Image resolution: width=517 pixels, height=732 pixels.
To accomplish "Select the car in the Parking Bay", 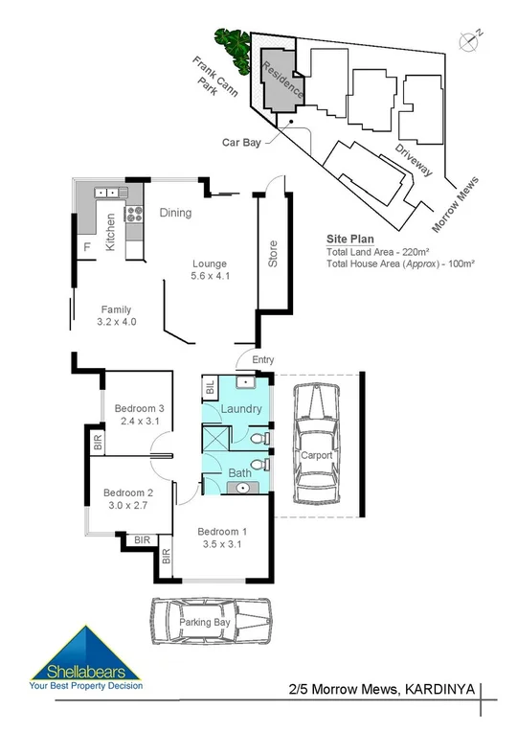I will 210,622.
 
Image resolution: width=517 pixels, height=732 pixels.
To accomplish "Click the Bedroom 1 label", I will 222,532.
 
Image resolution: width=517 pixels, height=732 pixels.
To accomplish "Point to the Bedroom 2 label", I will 127,493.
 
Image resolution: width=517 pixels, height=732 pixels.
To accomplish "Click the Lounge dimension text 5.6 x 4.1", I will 211,278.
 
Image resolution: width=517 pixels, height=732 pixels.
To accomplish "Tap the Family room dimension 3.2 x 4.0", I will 117,322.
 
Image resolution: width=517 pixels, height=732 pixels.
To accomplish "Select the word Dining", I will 175,213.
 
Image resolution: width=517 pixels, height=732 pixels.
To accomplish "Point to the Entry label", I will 262,359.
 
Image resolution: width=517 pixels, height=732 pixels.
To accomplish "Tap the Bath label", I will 239,472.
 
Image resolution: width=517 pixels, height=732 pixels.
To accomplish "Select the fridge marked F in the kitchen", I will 87,247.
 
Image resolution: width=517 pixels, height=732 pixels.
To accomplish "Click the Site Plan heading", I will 349,240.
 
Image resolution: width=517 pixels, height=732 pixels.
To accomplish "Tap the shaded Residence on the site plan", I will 278,81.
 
